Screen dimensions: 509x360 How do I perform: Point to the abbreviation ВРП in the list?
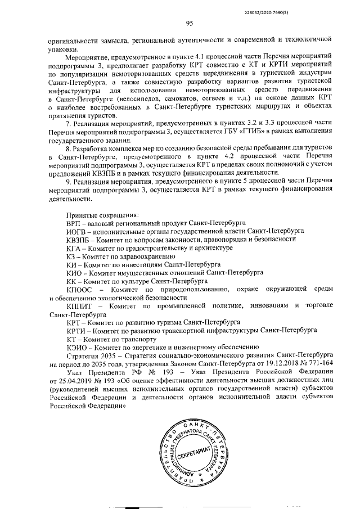click(74, 223)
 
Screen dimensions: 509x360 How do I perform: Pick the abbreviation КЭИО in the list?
click(76, 347)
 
